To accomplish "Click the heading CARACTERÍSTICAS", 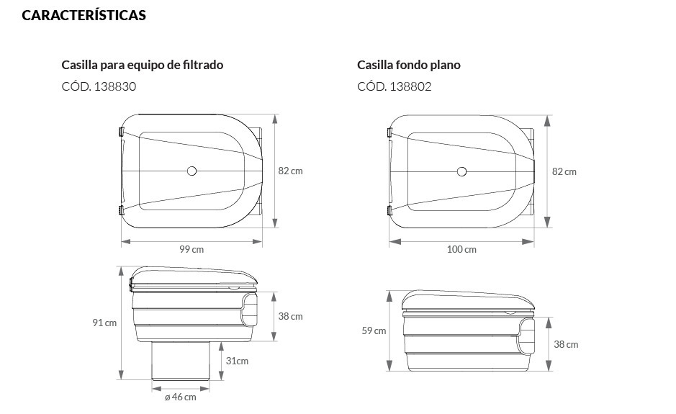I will point(84,15).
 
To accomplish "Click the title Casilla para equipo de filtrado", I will point(143,65).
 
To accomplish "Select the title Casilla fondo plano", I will point(408,65).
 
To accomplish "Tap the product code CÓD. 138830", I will point(99,87).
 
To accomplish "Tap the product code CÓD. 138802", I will point(395,87).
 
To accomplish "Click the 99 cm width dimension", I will point(191,249).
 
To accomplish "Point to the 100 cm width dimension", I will point(461,249).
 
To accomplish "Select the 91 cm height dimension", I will point(104,323).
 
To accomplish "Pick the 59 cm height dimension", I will point(374,331).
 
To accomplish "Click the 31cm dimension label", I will point(237,361).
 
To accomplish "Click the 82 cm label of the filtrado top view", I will point(290,171).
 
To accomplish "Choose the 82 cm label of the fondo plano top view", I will point(564,171).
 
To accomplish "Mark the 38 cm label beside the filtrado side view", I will point(290,316).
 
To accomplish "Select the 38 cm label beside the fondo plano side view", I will point(566,344).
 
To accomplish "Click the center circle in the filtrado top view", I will point(191,171).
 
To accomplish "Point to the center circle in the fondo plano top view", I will point(461,171).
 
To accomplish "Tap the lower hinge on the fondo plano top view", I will point(389,210).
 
